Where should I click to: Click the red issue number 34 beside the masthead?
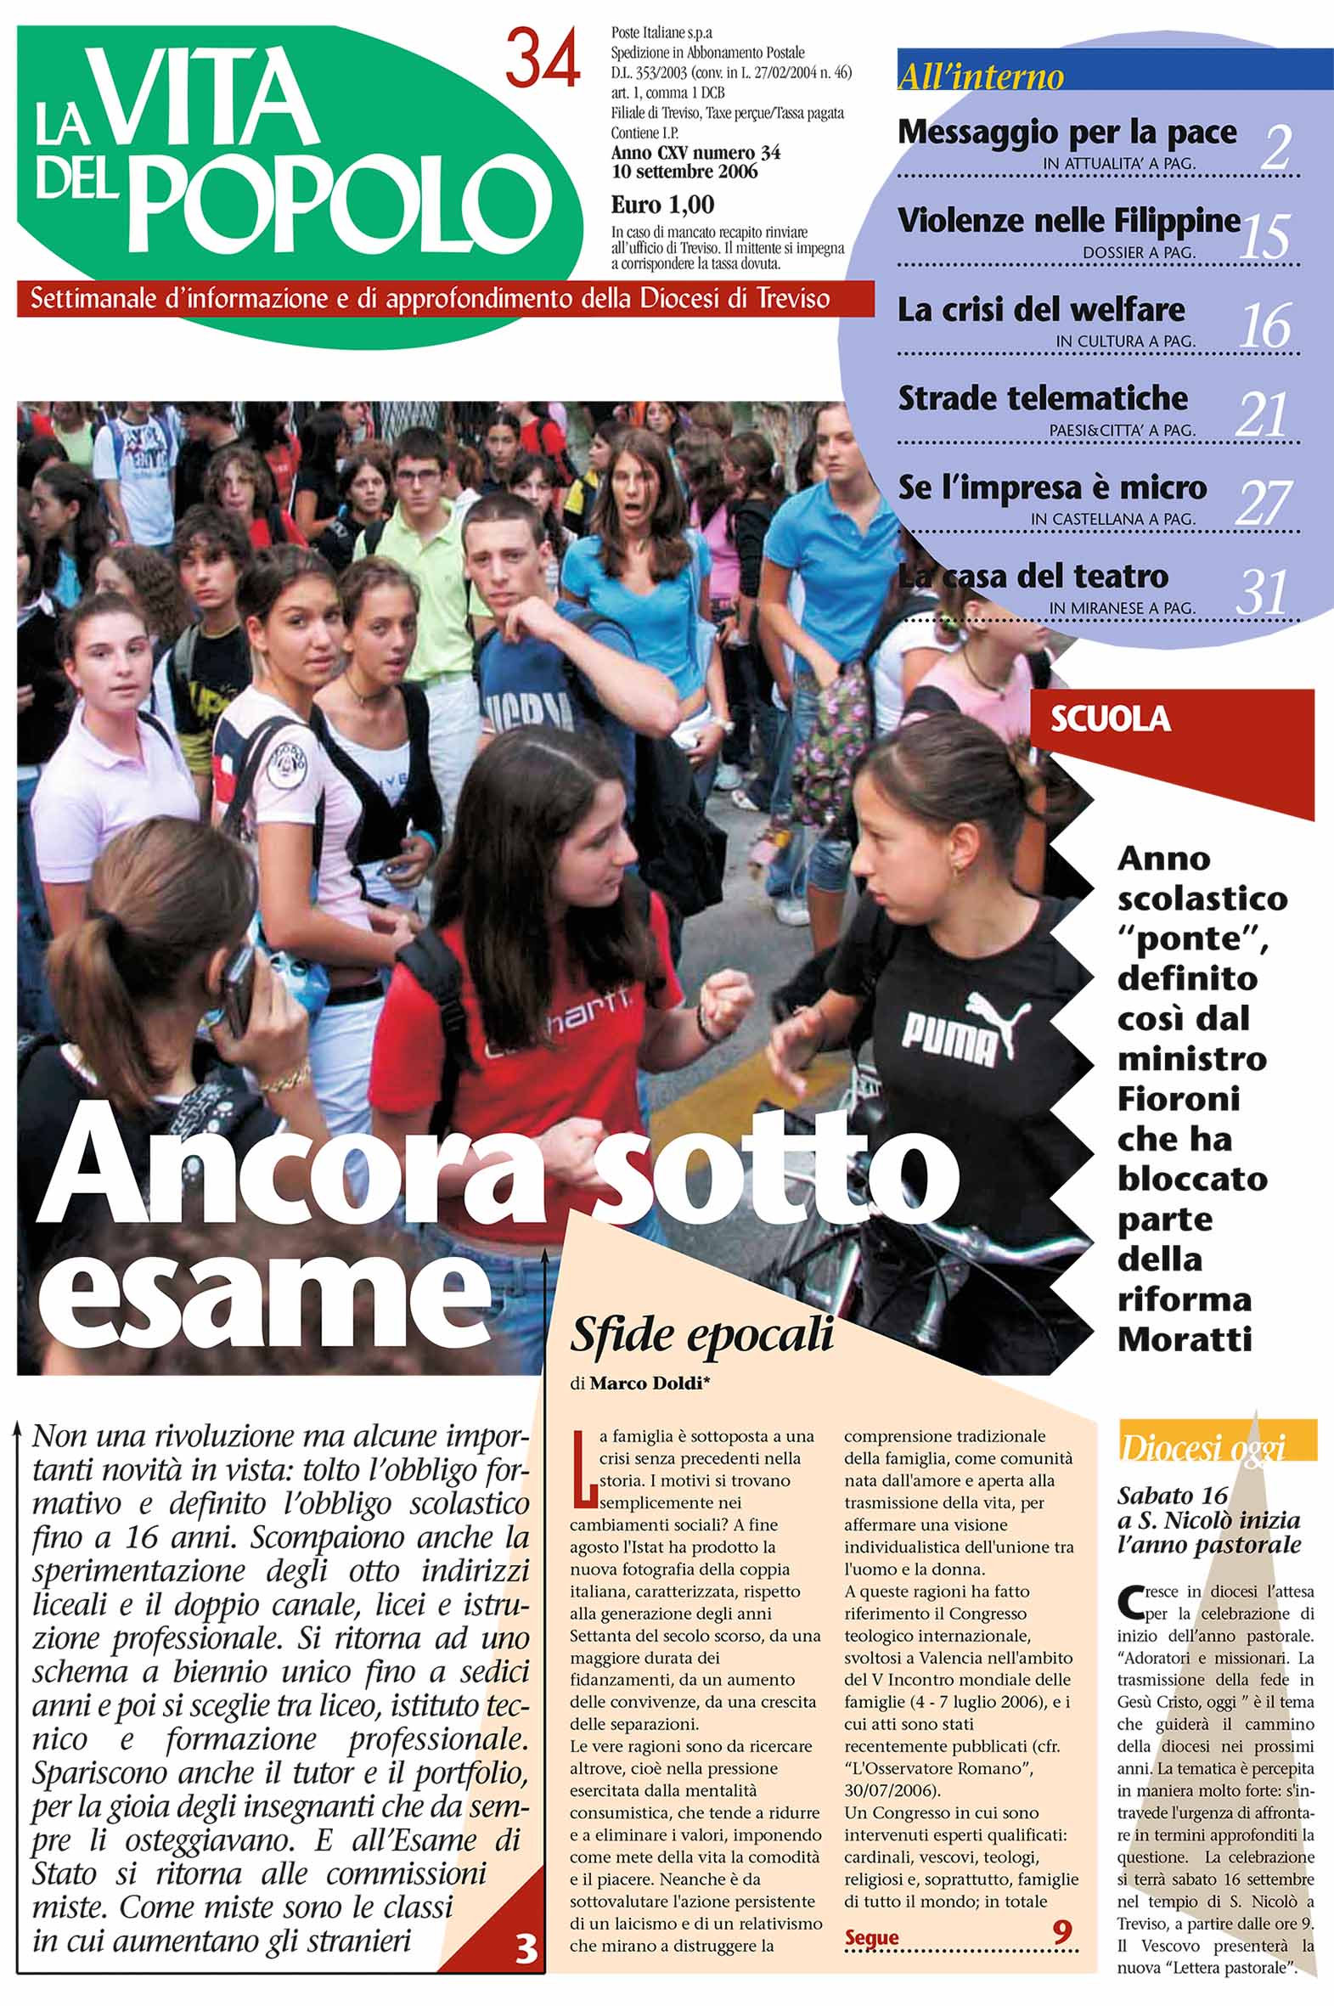click(543, 57)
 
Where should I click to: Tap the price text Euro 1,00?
click(661, 205)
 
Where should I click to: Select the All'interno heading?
click(980, 77)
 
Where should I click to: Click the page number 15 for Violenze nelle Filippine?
click(1264, 235)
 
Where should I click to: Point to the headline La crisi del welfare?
click(1040, 309)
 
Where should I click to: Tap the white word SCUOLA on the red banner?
click(1110, 719)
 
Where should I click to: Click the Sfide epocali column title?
click(701, 1336)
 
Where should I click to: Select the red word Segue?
click(871, 1938)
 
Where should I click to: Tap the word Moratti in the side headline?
click(1185, 1340)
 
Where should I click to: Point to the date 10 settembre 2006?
click(684, 172)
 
